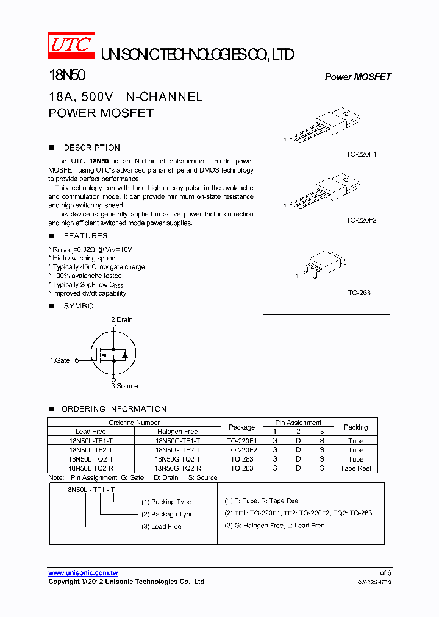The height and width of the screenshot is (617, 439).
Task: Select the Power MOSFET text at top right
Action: pos(357,77)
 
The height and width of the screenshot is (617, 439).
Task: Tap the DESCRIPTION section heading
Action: pos(91,148)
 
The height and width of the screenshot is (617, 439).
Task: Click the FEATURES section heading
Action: pos(85,236)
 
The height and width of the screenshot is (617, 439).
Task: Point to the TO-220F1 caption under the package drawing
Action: pos(361,155)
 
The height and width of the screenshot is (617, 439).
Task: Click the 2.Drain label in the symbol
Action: pos(122,319)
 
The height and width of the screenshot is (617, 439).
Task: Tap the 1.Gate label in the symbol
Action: pos(60,360)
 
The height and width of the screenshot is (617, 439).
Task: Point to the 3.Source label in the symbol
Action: pos(124,386)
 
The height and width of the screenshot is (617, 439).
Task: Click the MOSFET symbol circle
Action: pos(113,354)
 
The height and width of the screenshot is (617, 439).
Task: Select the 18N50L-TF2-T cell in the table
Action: pos(91,449)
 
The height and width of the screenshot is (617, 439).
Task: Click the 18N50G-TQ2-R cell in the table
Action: pos(177,468)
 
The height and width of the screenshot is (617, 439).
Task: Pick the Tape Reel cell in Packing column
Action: pos(355,468)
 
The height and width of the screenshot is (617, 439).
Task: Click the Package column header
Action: pos(241,427)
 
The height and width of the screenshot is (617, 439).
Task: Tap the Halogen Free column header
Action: pos(177,431)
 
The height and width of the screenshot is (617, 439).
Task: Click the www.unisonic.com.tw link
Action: pos(83,573)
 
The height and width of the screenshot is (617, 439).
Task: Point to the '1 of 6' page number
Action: pos(382,572)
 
